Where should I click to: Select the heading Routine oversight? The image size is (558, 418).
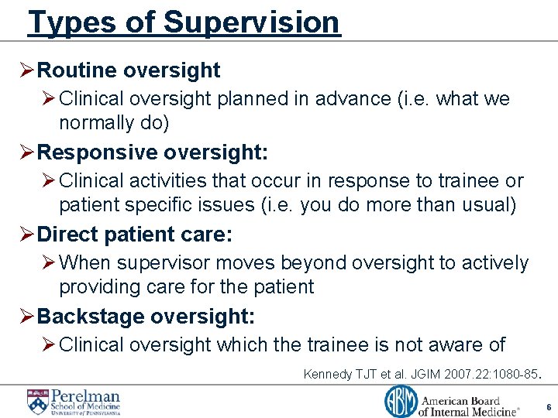tap(129, 70)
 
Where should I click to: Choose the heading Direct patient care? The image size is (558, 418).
tap(135, 234)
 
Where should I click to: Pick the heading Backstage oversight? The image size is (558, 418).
tap(146, 317)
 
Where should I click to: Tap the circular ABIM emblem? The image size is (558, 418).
tap(401, 402)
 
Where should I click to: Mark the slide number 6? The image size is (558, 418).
tap(548, 407)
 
